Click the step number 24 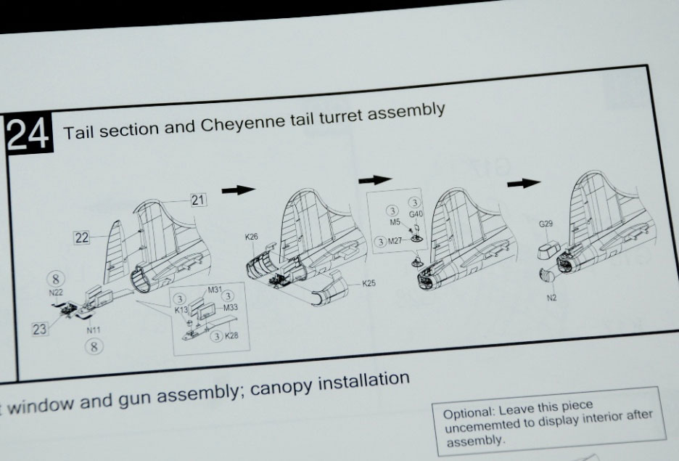coord(28,134)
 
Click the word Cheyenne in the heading coord(242,123)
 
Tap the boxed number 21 coord(198,200)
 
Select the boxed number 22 coord(81,237)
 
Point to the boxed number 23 coord(39,330)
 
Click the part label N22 coord(56,293)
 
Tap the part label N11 coord(93,330)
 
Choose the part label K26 coord(251,237)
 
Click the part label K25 coord(369,283)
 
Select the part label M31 coord(215,290)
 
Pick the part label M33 coord(231,308)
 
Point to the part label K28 coord(231,335)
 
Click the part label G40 coord(416,214)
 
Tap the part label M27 coord(395,241)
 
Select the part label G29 coord(546,224)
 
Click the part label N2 coord(551,298)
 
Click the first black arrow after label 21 coord(239,189)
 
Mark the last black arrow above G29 coord(524,183)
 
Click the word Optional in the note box coord(468,412)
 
